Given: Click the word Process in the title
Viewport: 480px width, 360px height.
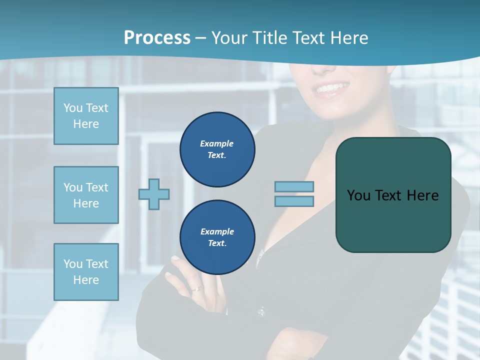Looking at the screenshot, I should click(x=157, y=38).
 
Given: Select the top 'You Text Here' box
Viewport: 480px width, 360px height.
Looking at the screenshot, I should click(x=86, y=116).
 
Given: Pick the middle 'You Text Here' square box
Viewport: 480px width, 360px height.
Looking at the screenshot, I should click(x=86, y=195).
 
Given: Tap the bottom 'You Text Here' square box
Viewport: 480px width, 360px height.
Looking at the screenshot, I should click(x=86, y=271).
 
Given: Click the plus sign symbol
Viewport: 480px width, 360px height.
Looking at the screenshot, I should click(x=154, y=194).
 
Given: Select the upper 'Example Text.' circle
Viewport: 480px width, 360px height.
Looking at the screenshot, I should click(x=217, y=149).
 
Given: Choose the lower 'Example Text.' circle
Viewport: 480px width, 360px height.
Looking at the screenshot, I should click(x=217, y=237).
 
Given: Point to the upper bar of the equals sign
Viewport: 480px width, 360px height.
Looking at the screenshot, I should click(x=294, y=186).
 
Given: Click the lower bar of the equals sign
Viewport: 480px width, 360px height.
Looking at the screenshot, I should click(x=294, y=201).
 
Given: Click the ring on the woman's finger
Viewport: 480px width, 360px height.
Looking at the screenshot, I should click(x=198, y=289).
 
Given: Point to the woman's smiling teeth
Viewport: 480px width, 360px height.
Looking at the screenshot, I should click(x=329, y=89).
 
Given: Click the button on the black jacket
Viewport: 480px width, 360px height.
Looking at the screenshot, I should click(x=260, y=312).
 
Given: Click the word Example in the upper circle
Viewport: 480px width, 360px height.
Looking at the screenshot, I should click(x=216, y=143).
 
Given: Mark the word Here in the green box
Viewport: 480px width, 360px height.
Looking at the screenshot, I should click(x=422, y=195).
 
